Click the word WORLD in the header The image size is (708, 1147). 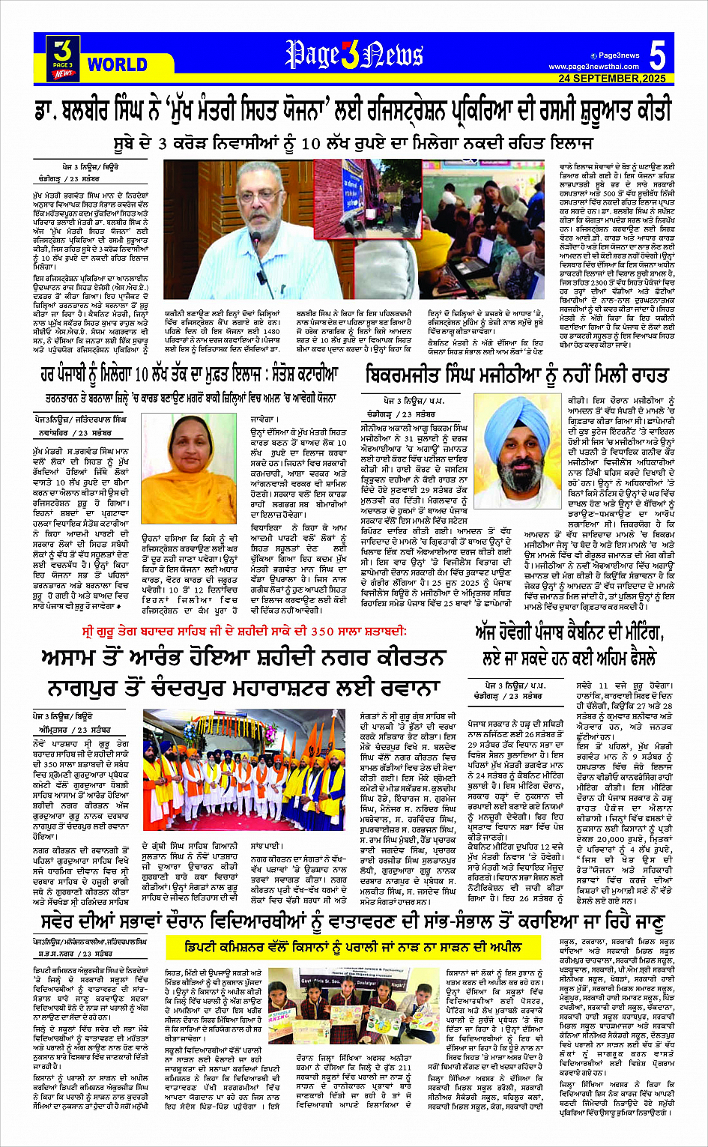tap(117, 64)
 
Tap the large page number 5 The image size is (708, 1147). tap(657, 56)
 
